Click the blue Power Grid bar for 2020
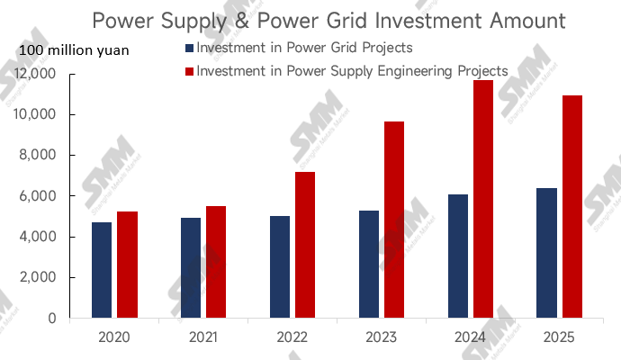click(x=102, y=270)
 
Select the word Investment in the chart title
click(x=402, y=20)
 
